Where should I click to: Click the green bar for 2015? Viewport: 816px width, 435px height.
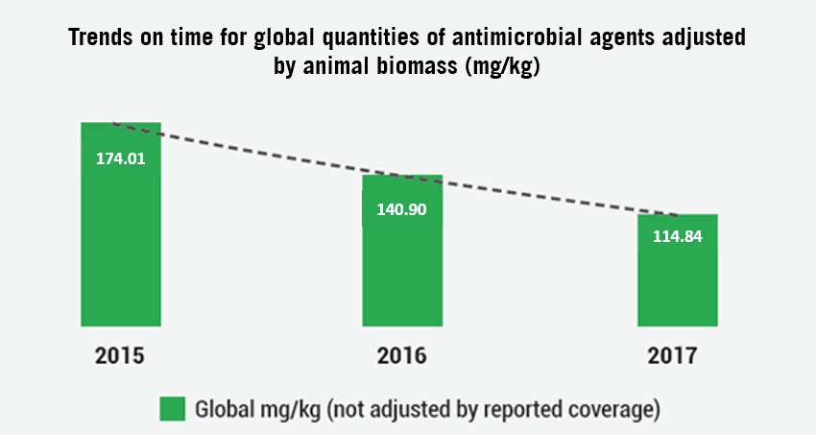pos(121,225)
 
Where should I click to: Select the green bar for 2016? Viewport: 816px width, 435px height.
pos(402,251)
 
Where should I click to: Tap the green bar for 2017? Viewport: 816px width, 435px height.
pos(678,270)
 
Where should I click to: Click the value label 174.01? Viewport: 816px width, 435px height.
pos(121,158)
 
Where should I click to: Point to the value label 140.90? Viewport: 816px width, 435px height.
pos(401,209)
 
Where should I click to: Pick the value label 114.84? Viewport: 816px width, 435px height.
pos(678,236)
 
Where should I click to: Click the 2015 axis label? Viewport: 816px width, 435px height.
pos(120,356)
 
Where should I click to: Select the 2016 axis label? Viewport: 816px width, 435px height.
pos(401,356)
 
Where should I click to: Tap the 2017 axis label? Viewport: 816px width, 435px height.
pos(672,356)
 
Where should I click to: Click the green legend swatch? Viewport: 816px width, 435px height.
pos(172,409)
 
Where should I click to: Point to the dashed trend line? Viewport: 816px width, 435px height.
pos(396,169)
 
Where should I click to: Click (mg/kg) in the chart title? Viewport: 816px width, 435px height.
pos(503,67)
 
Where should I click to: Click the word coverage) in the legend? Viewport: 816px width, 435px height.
pos(614,410)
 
